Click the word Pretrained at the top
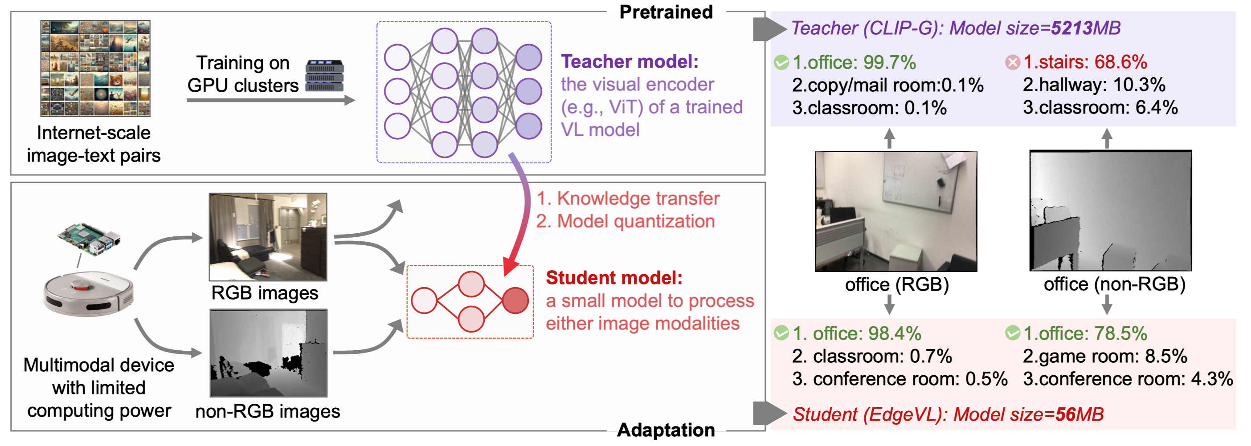pyautogui.click(x=666, y=12)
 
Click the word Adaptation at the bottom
pyautogui.click(x=666, y=430)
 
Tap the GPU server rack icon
pyautogui.click(x=324, y=76)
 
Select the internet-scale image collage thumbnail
pyautogui.click(x=95, y=69)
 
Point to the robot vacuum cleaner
pyautogui.click(x=88, y=294)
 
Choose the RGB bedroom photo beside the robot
pyautogui.click(x=268, y=237)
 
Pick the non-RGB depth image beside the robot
pyautogui.click(x=269, y=353)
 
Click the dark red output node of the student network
pyautogui.click(x=515, y=300)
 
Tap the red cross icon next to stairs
pyautogui.click(x=1013, y=63)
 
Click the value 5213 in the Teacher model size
pyautogui.click(x=1072, y=28)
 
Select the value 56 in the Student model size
pyautogui.click(x=1065, y=414)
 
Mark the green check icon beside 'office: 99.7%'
pyautogui.click(x=781, y=63)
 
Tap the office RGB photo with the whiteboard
pyautogui.click(x=895, y=211)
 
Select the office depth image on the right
pyautogui.click(x=1110, y=211)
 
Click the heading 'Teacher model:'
pyautogui.click(x=630, y=61)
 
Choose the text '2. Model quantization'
pyautogui.click(x=625, y=221)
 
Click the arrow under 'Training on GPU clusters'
pyautogui.click(x=270, y=101)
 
